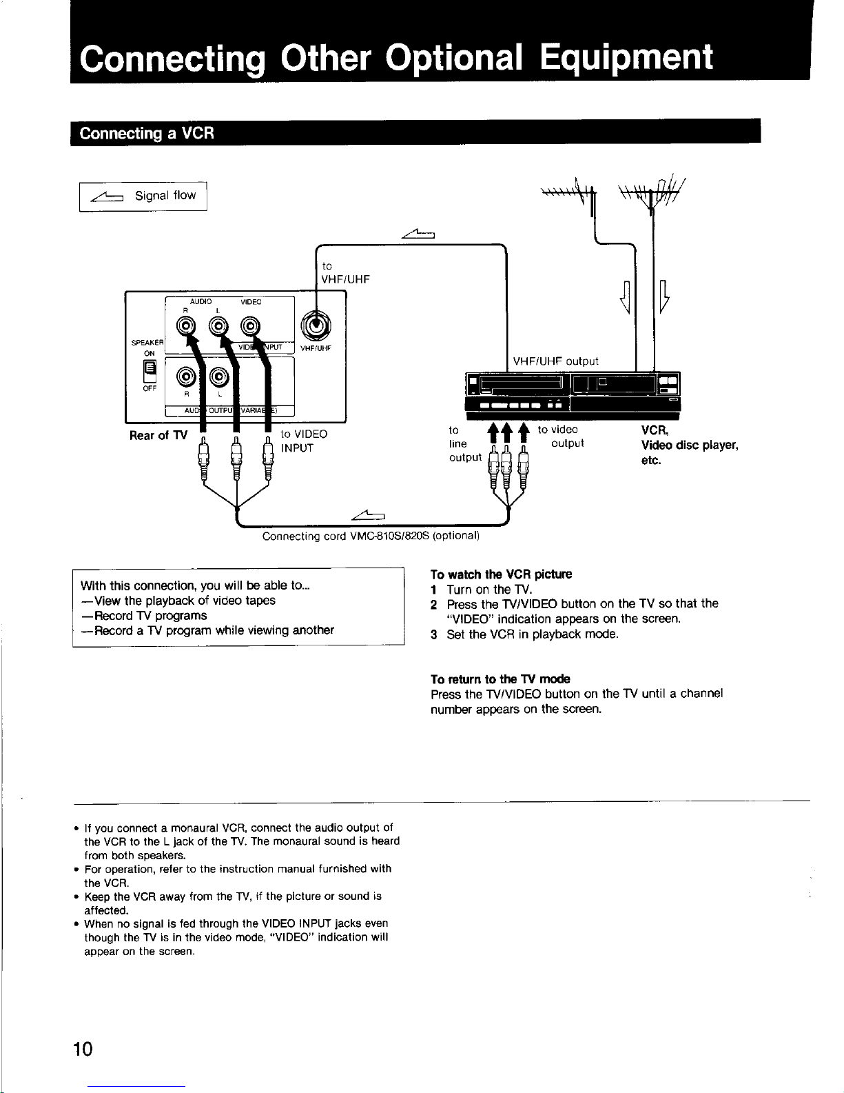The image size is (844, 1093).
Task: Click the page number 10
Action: (x=83, y=1049)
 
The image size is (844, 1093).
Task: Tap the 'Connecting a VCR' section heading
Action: (x=147, y=133)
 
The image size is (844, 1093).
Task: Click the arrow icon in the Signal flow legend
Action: (x=107, y=197)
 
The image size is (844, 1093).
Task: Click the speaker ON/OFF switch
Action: (x=149, y=371)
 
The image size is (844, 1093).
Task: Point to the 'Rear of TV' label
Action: (x=158, y=435)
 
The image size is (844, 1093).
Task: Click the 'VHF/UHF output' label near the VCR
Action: (x=555, y=361)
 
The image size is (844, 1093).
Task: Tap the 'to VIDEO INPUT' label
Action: (x=303, y=441)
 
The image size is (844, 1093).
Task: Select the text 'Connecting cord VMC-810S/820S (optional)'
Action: (x=371, y=536)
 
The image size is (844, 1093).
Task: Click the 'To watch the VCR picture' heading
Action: (x=501, y=574)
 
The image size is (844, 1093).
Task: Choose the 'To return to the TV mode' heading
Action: (x=500, y=679)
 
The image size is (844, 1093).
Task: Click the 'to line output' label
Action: (x=464, y=443)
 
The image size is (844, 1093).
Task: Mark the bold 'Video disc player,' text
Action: (x=689, y=445)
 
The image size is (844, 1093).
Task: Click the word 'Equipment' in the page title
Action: (x=626, y=57)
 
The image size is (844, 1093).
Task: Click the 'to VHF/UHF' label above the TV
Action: (x=345, y=272)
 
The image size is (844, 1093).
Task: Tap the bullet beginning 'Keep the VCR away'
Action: (x=233, y=903)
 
